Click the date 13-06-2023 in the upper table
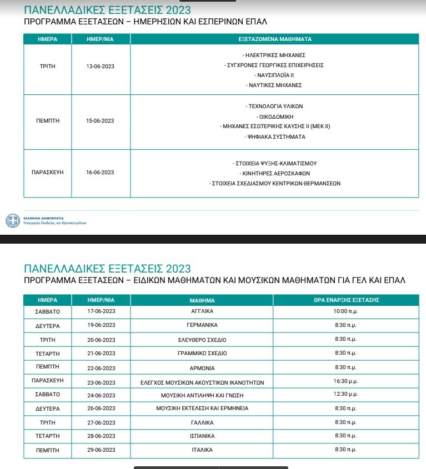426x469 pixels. click(x=100, y=67)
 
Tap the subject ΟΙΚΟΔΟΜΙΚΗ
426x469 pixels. click(x=274, y=117)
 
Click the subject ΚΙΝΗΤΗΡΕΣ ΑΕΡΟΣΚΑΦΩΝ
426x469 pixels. click(x=274, y=173)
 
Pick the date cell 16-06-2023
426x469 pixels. click(x=100, y=173)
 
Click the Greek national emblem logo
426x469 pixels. click(x=12, y=220)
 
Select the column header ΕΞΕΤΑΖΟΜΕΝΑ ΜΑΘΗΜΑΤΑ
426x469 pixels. click(x=274, y=39)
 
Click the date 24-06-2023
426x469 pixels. click(x=101, y=395)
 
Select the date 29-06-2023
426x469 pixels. click(x=101, y=450)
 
